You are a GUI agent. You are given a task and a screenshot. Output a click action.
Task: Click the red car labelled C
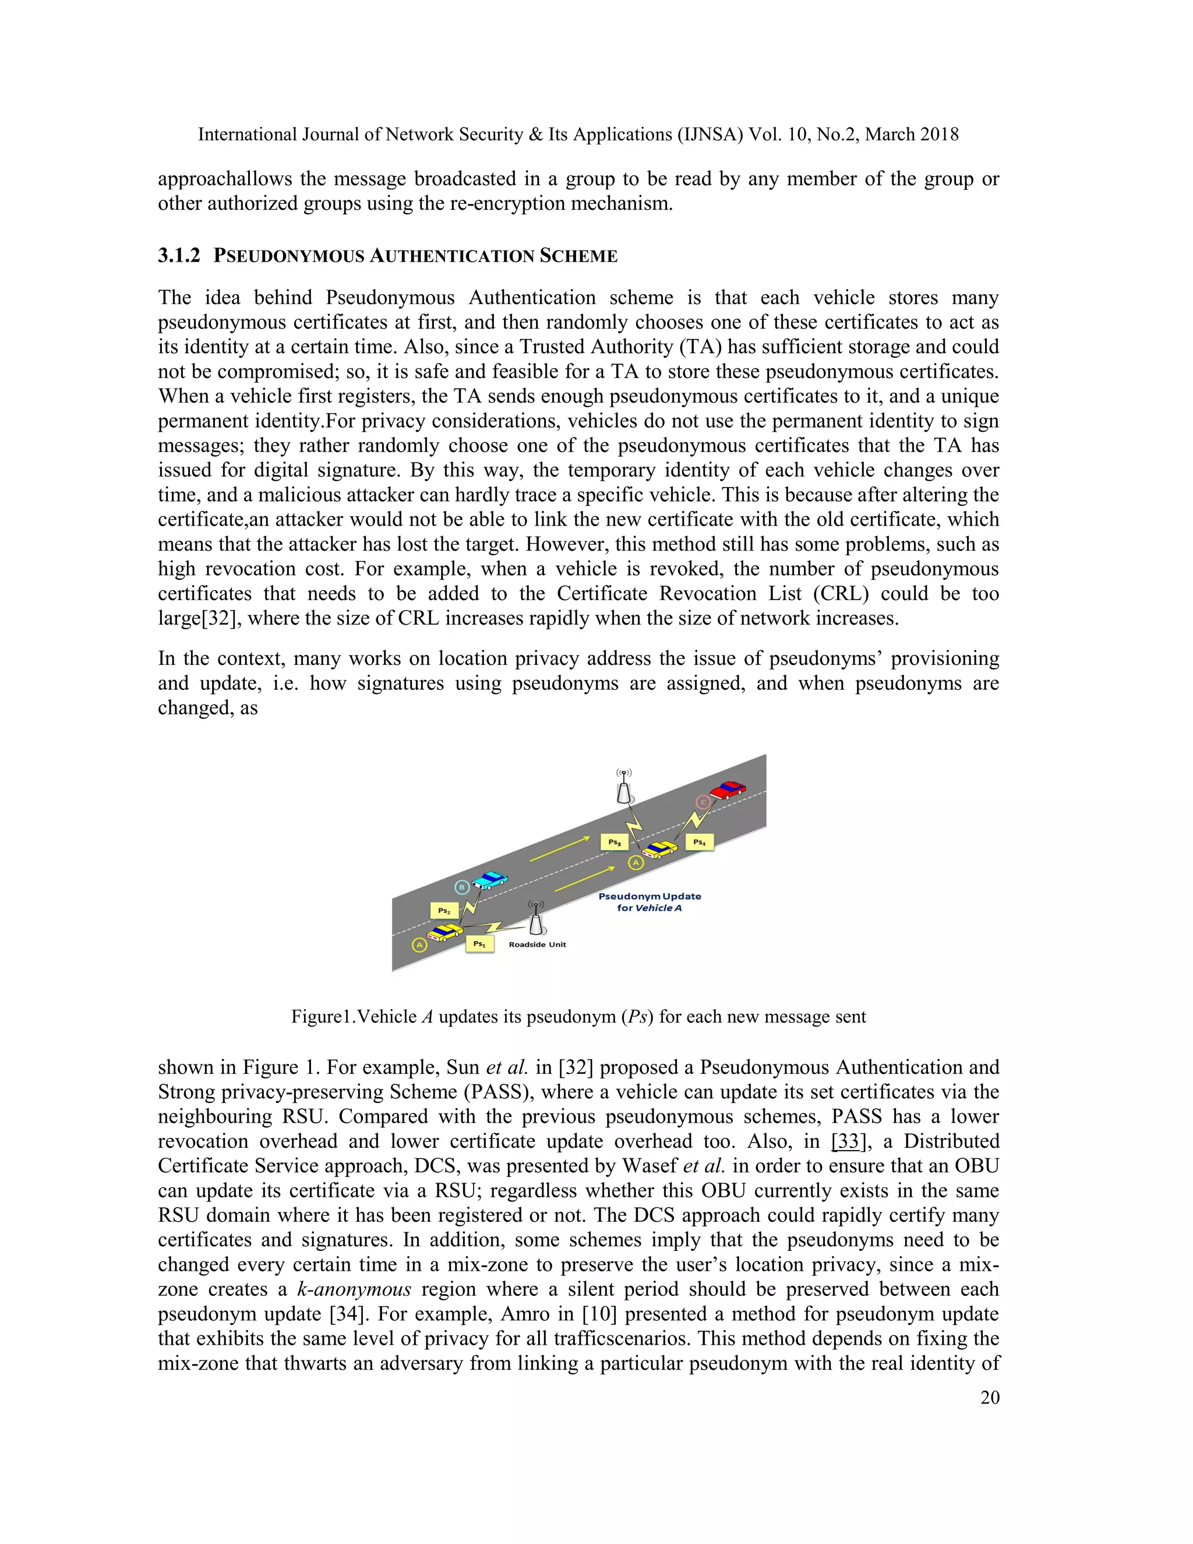click(x=728, y=789)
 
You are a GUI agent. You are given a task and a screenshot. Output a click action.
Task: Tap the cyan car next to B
click(x=490, y=880)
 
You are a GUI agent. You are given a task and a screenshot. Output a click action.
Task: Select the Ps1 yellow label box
click(x=479, y=944)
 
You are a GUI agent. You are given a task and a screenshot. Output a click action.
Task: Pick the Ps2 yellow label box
click(x=444, y=911)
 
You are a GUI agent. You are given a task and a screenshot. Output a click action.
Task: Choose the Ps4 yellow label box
click(x=699, y=842)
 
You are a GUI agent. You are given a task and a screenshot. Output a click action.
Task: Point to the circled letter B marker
click(x=461, y=887)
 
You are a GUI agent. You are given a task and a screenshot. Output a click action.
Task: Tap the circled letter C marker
click(x=703, y=802)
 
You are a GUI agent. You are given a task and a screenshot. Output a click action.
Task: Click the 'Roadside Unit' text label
click(x=537, y=944)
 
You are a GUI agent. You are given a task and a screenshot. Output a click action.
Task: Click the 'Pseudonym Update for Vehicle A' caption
click(x=650, y=902)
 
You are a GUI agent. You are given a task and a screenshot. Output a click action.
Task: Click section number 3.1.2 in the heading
click(x=179, y=256)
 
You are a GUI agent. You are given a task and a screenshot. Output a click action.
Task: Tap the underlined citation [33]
click(x=848, y=1141)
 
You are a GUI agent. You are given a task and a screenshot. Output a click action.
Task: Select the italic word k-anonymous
click(x=354, y=1289)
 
